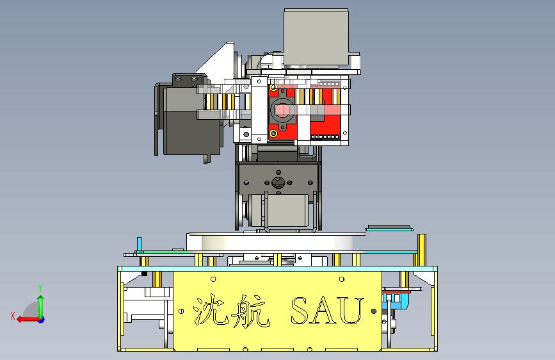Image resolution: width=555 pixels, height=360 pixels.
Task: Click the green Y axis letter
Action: pos(40,288)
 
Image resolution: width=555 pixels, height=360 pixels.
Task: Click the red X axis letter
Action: pos(13,316)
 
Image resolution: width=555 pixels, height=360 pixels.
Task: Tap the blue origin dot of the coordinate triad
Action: pos(42,320)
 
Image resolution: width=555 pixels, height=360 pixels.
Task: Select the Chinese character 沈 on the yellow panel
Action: pos(209,309)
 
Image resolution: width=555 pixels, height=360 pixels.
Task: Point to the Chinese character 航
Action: pos(250,311)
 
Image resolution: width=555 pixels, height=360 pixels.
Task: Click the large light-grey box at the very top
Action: pos(316,38)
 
